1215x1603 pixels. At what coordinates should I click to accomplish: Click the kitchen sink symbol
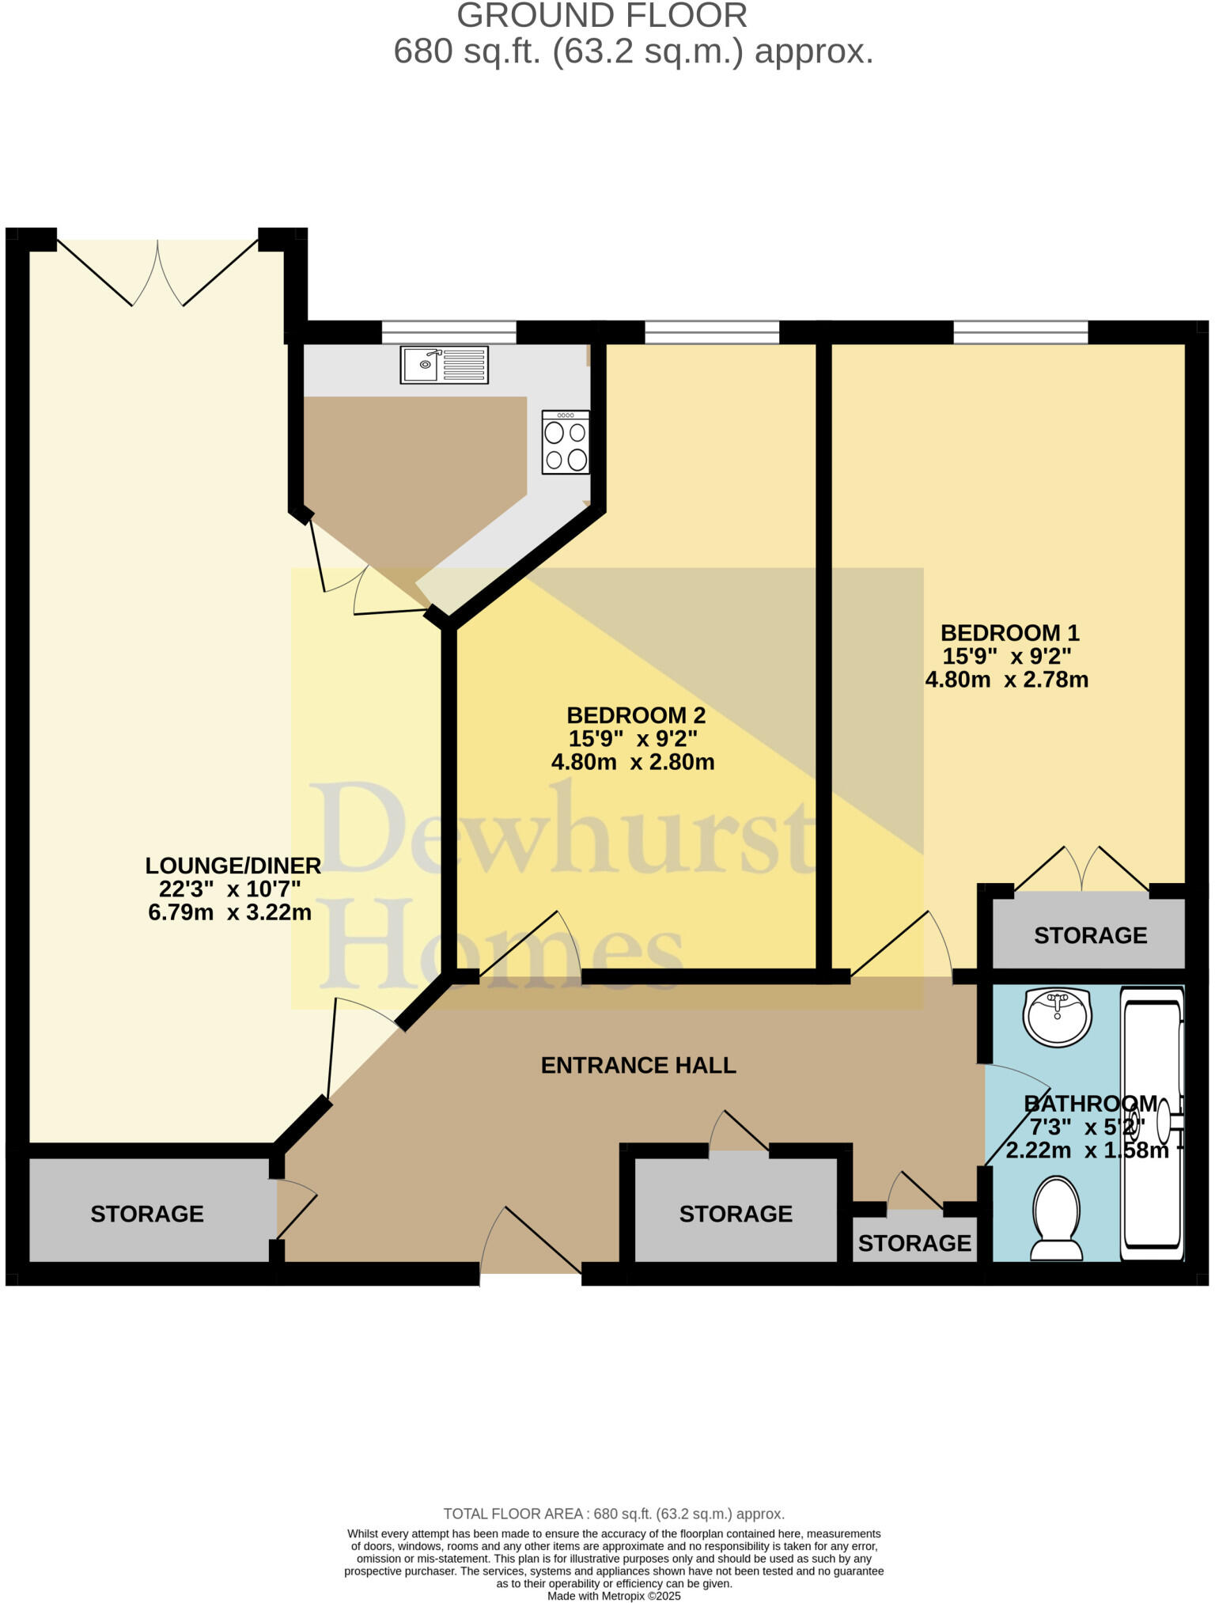(x=444, y=365)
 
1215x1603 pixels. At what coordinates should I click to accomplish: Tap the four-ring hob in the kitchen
(x=566, y=442)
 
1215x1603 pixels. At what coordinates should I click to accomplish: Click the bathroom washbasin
(x=1058, y=1017)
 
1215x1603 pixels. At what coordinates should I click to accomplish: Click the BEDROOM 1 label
(x=1009, y=633)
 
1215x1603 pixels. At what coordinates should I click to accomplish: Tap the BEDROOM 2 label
(x=636, y=715)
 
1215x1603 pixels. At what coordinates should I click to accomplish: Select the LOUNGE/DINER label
(x=233, y=866)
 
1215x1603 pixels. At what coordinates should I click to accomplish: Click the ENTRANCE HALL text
(x=638, y=1065)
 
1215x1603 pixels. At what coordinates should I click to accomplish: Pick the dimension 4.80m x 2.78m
(x=1007, y=680)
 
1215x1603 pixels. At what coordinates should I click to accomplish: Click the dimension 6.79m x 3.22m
(x=230, y=912)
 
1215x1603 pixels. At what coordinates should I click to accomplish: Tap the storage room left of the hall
(x=147, y=1214)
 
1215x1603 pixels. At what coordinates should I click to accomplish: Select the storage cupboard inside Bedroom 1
(x=1090, y=935)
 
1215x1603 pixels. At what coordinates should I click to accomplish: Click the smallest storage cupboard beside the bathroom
(x=914, y=1243)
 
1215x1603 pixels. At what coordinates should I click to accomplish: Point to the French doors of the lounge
(x=158, y=273)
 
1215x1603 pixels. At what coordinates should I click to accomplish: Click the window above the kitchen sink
(x=449, y=332)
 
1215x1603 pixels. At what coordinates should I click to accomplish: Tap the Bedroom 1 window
(x=1020, y=332)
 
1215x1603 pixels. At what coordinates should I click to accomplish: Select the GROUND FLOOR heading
(x=602, y=16)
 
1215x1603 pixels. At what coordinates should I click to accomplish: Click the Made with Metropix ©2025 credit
(x=614, y=1596)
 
